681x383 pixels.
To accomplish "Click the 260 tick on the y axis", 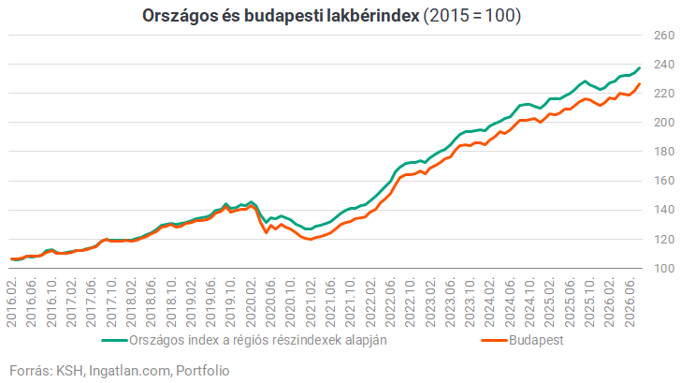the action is [x=664, y=36].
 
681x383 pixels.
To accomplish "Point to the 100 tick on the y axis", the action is [x=664, y=269].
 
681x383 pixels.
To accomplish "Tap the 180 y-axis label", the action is [x=664, y=152].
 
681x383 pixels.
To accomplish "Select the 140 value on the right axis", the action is [x=664, y=210].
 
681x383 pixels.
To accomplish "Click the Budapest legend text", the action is [x=536, y=340].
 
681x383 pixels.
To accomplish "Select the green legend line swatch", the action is [x=114, y=341].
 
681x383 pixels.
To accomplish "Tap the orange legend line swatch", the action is [x=494, y=341].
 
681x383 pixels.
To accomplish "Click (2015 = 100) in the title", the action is [x=472, y=16].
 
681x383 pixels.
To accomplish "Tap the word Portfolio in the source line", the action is [x=203, y=371].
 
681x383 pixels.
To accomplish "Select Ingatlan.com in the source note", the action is [x=130, y=371].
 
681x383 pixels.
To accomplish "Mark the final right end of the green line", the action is [x=639, y=67].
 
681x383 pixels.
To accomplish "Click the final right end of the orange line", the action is [x=639, y=84].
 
